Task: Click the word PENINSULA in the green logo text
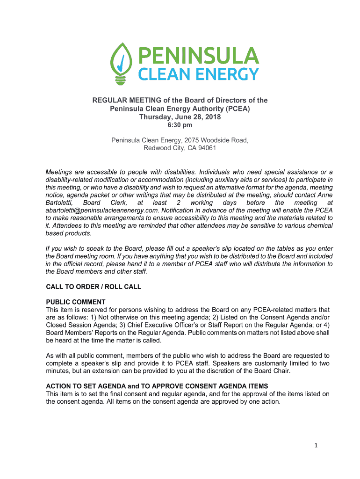[197, 57]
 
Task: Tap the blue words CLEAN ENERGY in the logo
[197, 74]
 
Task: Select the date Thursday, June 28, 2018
[180, 117]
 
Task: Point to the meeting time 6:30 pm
[180, 125]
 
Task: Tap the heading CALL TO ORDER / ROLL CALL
[93, 287]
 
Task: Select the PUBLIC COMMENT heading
[75, 302]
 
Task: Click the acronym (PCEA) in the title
[237, 109]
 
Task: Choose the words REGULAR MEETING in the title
[119, 100]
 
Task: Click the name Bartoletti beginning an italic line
[59, 203]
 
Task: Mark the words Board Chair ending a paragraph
[272, 371]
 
